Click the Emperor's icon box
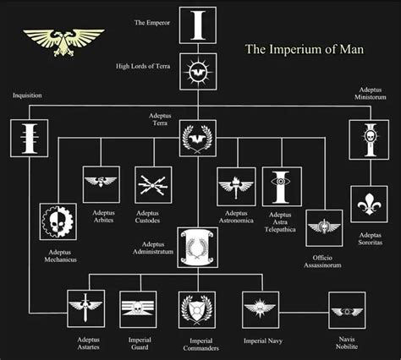click(198, 25)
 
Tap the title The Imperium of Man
click(305, 49)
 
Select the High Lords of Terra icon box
click(198, 72)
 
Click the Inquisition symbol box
click(29, 138)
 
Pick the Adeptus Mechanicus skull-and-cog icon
click(58, 221)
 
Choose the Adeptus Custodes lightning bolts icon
click(153, 185)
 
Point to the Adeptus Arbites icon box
click(101, 184)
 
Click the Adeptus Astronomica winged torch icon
click(236, 187)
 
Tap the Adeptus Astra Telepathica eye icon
click(282, 187)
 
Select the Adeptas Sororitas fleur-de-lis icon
click(369, 204)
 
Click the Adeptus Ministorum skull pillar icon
click(369, 139)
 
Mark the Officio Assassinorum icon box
click(324, 228)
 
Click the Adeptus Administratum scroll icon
click(198, 248)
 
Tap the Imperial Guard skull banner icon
click(138, 309)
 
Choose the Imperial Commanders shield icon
click(197, 310)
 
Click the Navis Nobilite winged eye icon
click(347, 310)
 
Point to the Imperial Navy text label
click(263, 341)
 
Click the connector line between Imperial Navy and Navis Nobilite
click(304, 313)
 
